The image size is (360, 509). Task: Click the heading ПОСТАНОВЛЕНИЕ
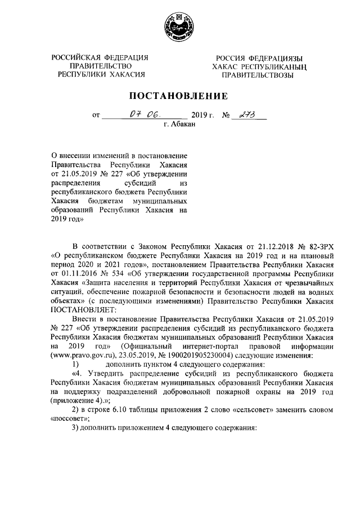[x=179, y=96]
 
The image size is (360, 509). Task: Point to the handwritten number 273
[x=246, y=115]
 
